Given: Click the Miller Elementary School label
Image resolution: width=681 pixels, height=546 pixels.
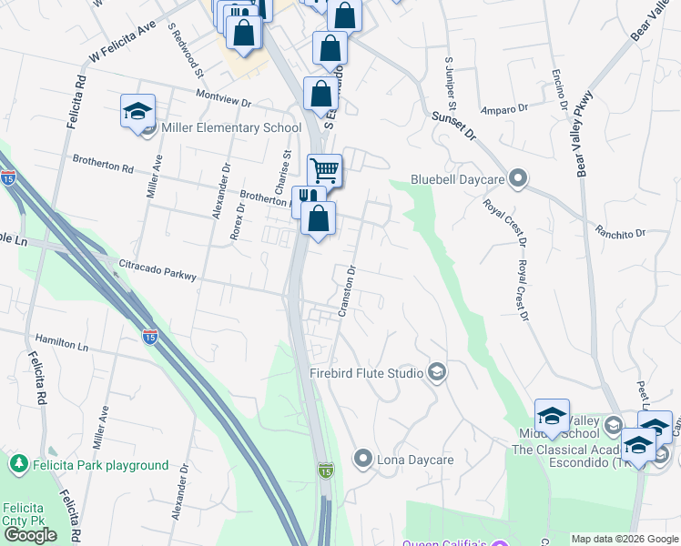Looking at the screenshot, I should click(230, 127).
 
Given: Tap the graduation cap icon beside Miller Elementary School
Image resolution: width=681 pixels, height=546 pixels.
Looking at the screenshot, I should click(137, 112).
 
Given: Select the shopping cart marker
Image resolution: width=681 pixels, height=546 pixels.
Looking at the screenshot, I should click(325, 170).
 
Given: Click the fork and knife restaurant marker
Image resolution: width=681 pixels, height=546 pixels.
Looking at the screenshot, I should click(308, 198).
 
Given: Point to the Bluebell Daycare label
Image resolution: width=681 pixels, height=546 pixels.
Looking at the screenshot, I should click(459, 178).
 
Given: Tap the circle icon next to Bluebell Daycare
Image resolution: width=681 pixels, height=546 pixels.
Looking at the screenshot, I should click(519, 177).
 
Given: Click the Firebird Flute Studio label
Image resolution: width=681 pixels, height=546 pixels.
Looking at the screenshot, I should click(367, 373).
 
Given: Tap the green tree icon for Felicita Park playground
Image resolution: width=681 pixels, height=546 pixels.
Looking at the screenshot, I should click(18, 464).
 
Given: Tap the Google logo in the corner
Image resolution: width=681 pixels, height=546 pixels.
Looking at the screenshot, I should click(30, 535).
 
